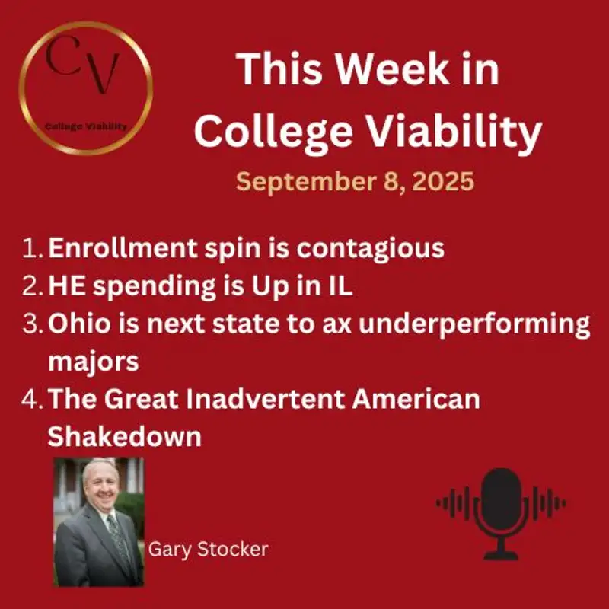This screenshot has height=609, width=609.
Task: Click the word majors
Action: pyautogui.click(x=93, y=361)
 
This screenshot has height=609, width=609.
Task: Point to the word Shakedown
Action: pyautogui.click(x=126, y=436)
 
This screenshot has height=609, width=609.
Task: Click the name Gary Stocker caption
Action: pyautogui.click(x=208, y=549)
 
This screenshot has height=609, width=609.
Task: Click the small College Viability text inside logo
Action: pyautogui.click(x=85, y=126)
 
